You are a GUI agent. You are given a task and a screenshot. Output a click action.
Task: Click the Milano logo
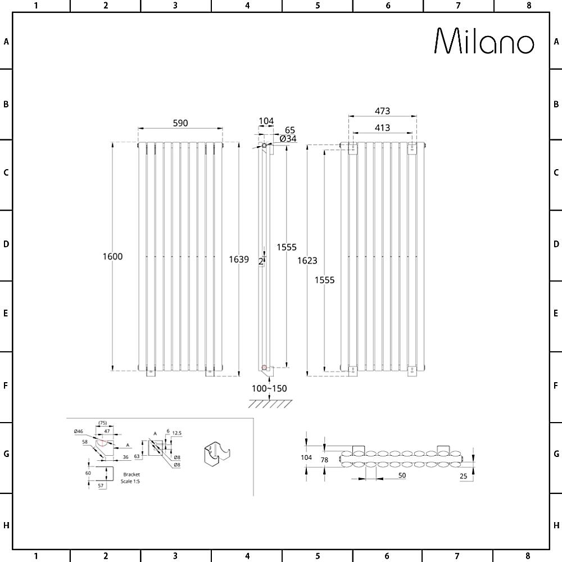coord(484,42)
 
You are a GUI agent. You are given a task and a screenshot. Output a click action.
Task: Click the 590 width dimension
coord(180,123)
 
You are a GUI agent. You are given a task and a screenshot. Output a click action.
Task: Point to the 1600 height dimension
coord(112,256)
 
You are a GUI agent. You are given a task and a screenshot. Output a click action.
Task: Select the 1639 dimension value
coord(239,260)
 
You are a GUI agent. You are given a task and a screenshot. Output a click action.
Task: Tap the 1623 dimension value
coord(307,260)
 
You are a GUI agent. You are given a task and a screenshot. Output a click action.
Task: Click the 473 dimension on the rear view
coord(382,111)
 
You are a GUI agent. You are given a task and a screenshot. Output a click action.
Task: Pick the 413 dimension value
coord(382,128)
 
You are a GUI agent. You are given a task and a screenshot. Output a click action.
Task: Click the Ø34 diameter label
coord(288,139)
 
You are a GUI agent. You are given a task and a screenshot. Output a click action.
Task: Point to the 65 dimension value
coord(289,130)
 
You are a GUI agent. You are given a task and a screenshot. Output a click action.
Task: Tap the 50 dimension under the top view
coord(402,475)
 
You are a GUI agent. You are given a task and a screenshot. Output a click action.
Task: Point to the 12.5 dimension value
coord(176,433)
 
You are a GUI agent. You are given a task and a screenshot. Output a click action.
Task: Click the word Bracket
coord(132,474)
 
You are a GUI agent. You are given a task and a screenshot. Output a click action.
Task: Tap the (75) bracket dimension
coord(102,423)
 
